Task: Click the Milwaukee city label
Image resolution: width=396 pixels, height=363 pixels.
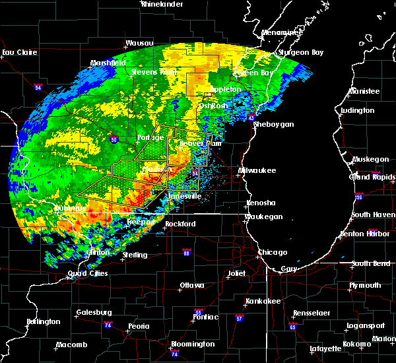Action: click(257, 170)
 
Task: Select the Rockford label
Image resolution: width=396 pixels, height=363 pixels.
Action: click(180, 224)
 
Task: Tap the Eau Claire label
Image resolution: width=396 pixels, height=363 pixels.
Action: click(18, 52)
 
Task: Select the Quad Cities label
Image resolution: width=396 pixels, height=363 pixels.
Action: click(86, 274)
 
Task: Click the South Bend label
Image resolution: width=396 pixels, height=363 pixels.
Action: click(372, 263)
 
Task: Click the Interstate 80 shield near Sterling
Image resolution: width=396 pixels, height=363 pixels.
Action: click(186, 252)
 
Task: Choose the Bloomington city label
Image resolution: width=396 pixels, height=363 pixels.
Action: click(193, 344)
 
